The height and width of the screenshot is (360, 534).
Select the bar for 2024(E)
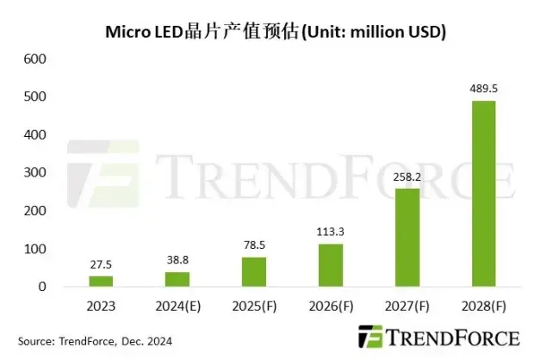177,279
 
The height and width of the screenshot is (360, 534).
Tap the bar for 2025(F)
254,271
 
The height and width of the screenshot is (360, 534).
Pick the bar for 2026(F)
332,265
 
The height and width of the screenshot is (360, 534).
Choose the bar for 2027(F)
408,238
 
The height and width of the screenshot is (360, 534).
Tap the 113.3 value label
332,233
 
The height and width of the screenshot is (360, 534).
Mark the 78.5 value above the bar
254,246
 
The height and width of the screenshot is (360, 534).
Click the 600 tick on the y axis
34,59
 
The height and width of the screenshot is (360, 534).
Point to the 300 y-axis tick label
34,173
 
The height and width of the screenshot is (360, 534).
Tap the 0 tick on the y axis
40,287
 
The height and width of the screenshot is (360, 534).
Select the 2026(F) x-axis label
332,305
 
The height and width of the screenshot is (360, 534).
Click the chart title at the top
274,32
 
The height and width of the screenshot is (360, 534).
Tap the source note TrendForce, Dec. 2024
95,341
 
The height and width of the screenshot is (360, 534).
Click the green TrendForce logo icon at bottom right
371,337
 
